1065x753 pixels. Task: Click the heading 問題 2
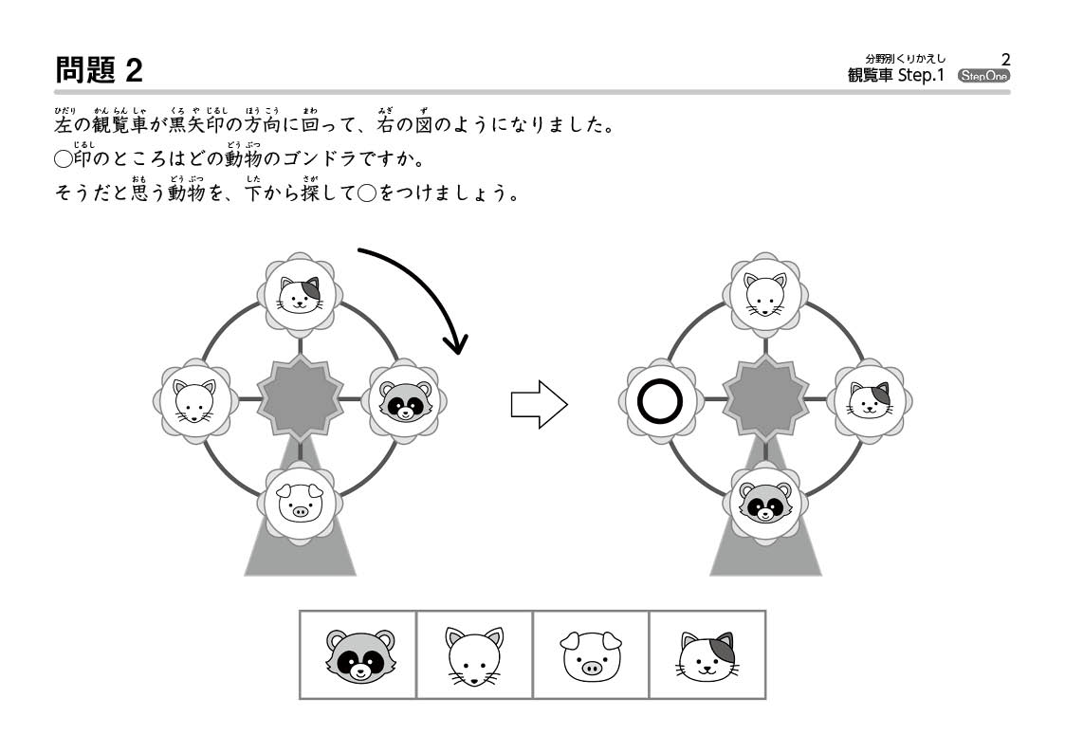coord(99,70)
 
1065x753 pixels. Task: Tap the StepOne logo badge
coord(983,75)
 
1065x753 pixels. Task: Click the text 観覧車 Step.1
coord(896,75)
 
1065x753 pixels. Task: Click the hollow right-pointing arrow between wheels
coord(539,404)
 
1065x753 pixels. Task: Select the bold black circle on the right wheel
coord(659,401)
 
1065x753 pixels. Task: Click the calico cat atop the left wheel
coord(300,295)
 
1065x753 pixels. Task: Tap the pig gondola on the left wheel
coord(299,504)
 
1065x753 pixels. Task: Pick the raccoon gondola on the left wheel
coord(404,401)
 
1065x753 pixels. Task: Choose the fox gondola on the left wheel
coord(195,401)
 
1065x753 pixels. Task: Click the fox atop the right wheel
coord(765,295)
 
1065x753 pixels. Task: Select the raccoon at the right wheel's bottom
coord(765,503)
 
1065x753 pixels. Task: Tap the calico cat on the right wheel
coord(870,400)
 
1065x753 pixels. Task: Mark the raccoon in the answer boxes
coord(359,654)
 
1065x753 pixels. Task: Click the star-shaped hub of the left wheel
coord(300,398)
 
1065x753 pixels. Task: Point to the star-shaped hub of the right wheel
coord(765,398)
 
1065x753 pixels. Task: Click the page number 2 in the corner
coord(1006,60)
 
